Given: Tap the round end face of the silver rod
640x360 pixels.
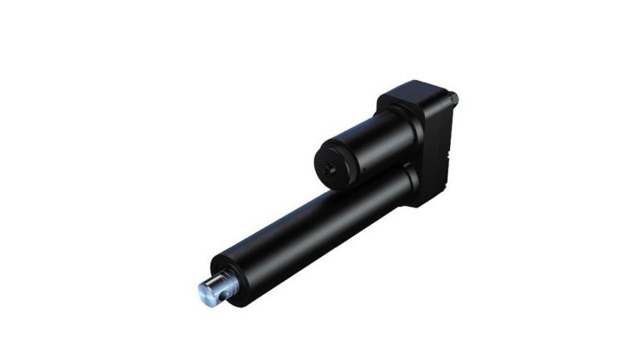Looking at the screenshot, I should point(205,292).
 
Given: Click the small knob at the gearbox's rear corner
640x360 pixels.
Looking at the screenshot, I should point(455,97).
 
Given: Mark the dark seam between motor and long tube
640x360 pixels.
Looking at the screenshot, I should point(367,177).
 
